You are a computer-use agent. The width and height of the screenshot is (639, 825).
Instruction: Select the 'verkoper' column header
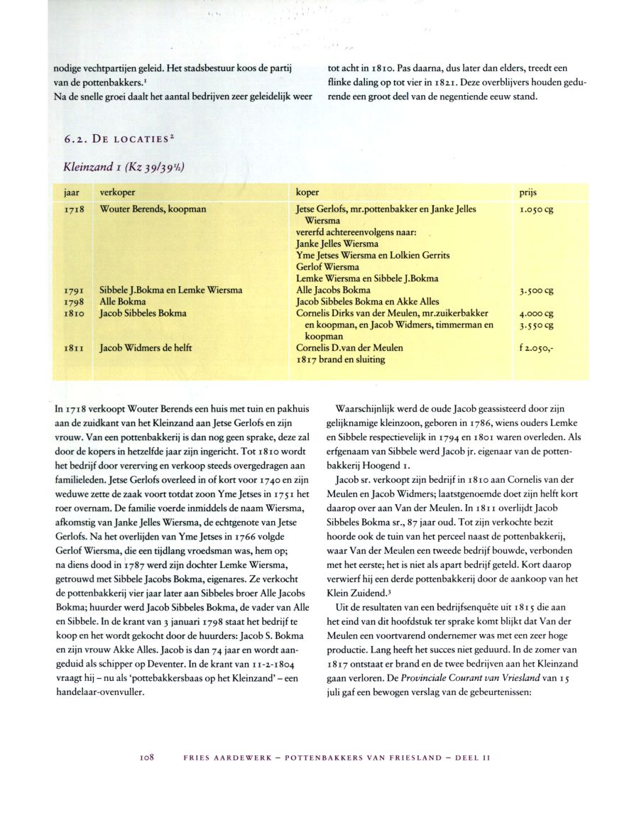click(118, 192)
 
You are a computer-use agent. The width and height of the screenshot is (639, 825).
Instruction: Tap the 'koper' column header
click(307, 192)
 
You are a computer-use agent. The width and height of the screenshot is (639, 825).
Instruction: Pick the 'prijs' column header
click(529, 192)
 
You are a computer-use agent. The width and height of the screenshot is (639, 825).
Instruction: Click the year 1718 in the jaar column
click(74, 210)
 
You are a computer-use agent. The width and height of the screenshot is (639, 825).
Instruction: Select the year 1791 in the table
click(74, 290)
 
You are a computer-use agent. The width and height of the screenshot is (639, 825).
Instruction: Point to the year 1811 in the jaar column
click(74, 348)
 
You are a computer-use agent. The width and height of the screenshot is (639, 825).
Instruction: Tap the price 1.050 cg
click(536, 210)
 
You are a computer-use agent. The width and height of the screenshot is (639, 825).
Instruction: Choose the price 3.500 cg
click(536, 290)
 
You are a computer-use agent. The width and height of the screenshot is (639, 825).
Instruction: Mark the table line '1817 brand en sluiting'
click(340, 359)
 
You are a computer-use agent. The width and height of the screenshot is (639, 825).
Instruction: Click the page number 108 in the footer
click(147, 757)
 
